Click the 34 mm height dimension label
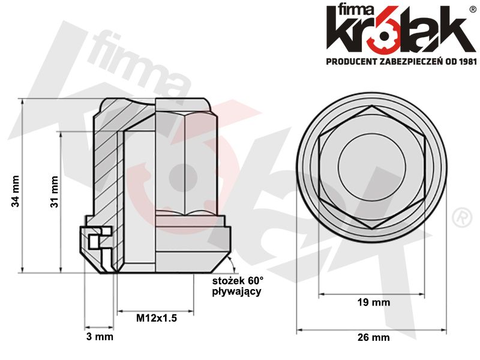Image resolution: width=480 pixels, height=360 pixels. [x=16, y=191]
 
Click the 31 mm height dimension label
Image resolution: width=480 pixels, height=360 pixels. [x=54, y=191]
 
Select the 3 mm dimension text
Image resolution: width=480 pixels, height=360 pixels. [x=99, y=337]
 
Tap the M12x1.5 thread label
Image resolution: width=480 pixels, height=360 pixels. [x=156, y=319]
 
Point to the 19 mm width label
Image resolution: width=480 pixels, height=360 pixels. [x=372, y=302]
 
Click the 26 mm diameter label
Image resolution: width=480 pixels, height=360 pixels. [x=373, y=337]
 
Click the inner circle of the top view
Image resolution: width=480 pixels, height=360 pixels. [x=372, y=167]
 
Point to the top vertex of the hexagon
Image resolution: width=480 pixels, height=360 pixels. [x=372, y=106]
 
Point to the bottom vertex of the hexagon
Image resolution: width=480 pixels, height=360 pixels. [x=372, y=229]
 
